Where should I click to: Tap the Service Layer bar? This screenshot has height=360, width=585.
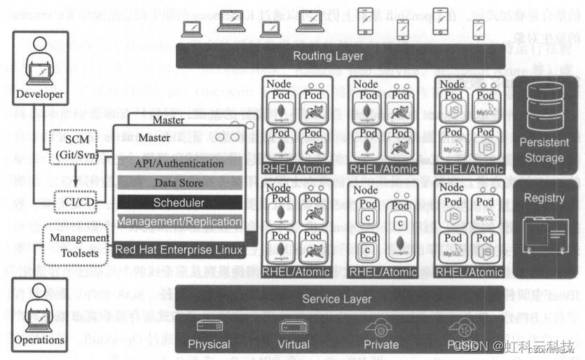337,299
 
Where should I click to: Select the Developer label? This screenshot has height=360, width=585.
40,95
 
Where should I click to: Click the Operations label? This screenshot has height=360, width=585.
39,340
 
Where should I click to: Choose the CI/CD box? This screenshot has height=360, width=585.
74,201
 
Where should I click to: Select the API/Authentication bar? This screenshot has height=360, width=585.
179,163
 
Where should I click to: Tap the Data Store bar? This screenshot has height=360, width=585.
179,183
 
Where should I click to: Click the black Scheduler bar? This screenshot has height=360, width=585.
179,202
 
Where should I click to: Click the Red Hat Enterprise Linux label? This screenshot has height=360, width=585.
179,250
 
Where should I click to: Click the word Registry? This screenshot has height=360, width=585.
544,198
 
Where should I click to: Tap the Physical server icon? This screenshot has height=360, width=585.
209,326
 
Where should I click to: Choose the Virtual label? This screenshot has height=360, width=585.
294,344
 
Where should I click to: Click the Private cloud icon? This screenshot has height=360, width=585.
380,326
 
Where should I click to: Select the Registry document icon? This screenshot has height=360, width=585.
544,231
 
